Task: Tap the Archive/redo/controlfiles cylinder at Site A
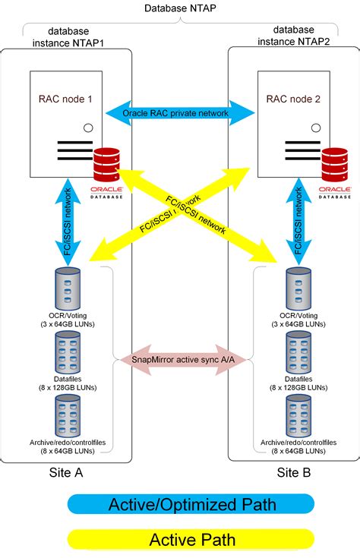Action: (66, 416)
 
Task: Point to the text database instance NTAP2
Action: (292, 36)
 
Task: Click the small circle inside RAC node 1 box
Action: (89, 128)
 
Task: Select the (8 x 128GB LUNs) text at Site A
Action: (66, 386)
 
